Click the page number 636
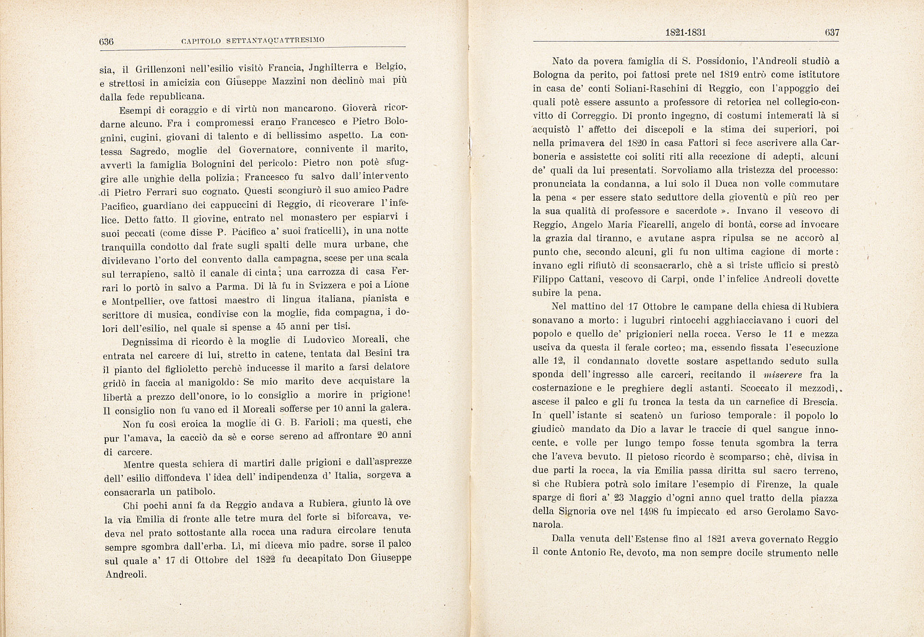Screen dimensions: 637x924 coord(107,41)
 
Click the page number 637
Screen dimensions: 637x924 coord(832,33)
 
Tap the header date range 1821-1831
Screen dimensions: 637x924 coord(686,33)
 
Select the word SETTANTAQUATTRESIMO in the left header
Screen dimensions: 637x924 coord(276,41)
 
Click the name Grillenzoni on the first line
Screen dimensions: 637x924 coord(159,70)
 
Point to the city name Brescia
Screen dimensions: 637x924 coord(818,402)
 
